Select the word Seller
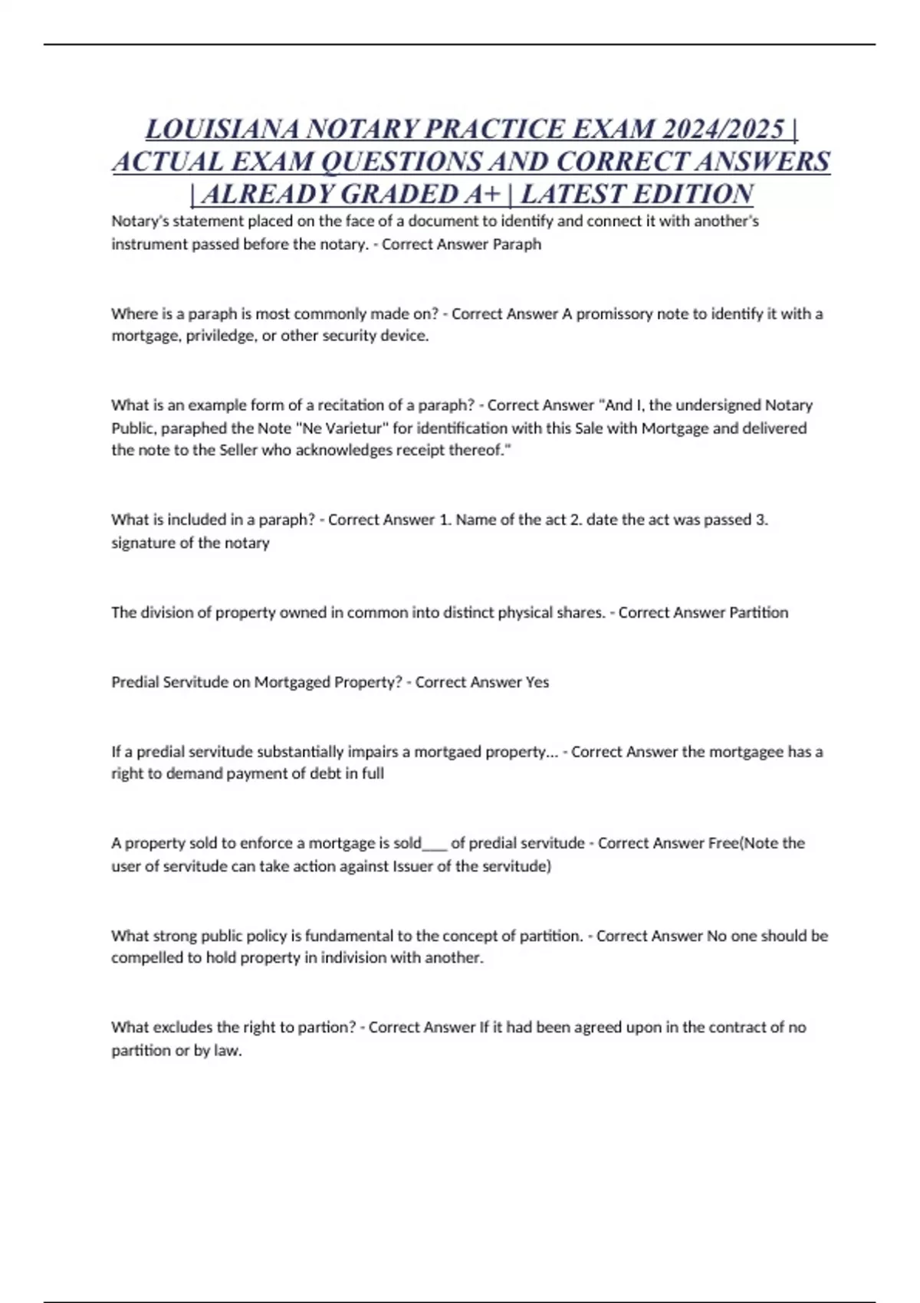point(241,450)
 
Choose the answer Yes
point(537,682)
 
